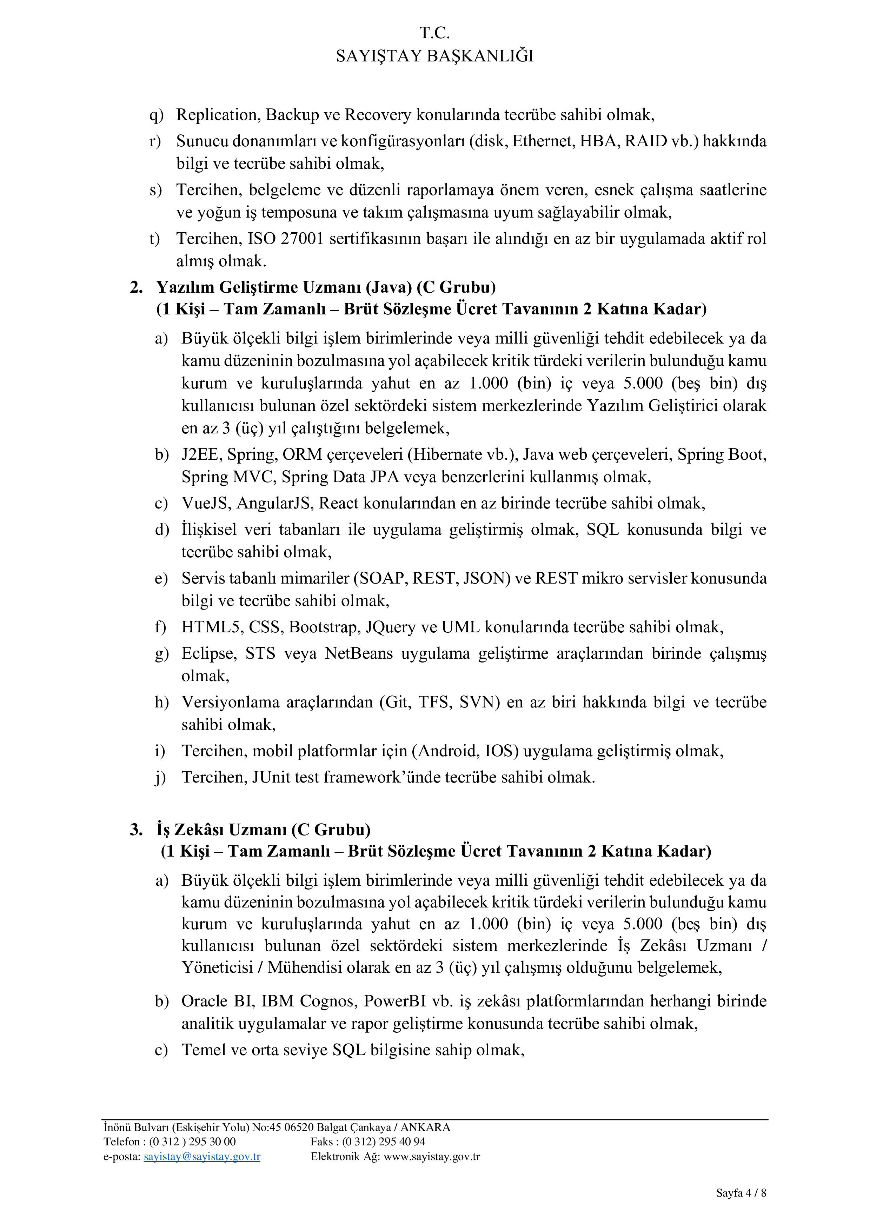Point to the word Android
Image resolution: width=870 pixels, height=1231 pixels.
pos(447,751)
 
